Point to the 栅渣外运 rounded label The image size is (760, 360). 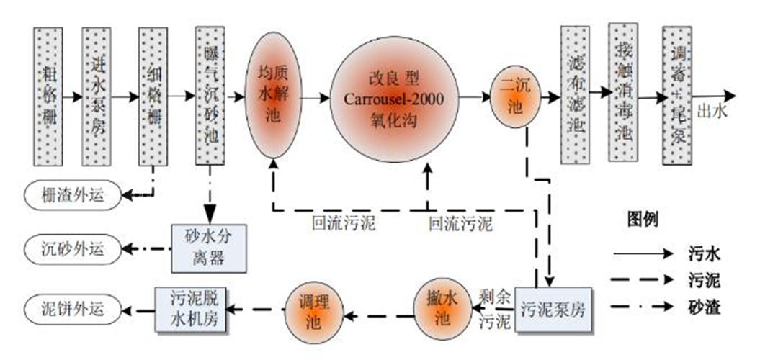point(71,194)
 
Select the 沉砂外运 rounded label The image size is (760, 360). point(71,250)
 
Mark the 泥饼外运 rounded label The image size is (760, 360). point(71,310)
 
